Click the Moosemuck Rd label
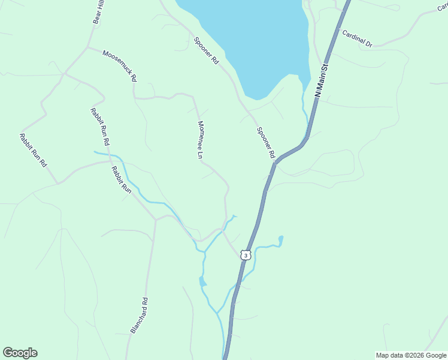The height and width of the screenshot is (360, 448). (x=120, y=65)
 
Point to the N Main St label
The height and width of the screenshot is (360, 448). (x=322, y=81)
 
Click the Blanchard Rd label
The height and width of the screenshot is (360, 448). (x=138, y=316)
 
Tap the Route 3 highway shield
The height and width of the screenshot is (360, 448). (x=245, y=255)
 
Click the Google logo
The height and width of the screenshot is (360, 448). (x=20, y=353)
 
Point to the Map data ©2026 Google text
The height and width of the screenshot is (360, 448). (x=411, y=355)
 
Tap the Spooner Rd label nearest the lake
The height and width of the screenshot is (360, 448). (x=205, y=51)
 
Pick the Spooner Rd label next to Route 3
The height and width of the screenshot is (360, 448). (x=265, y=143)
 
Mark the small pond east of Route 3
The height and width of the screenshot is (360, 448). (x=280, y=241)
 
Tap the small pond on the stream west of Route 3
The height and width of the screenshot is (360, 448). (x=202, y=281)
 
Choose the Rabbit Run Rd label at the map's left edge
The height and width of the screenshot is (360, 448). (x=32, y=150)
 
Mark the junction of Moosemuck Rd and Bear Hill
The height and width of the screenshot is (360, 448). (x=88, y=47)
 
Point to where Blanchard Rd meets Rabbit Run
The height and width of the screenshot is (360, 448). (x=155, y=220)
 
